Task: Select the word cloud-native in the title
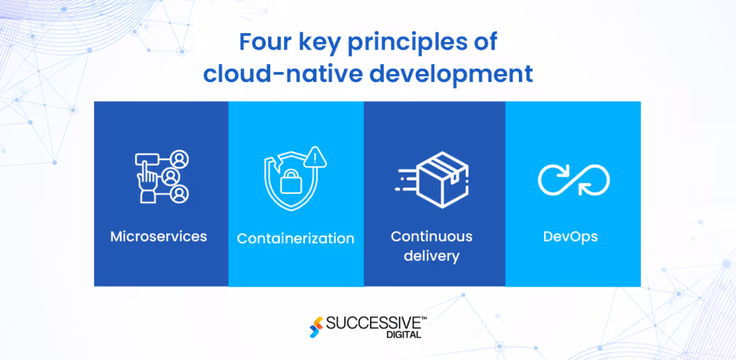[x=277, y=73]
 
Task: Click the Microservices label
[x=159, y=236]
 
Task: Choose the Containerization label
[x=295, y=238]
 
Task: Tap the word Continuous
[x=431, y=236]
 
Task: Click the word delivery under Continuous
[x=431, y=256]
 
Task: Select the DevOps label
[x=571, y=236]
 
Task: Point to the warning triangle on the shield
[x=315, y=157]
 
